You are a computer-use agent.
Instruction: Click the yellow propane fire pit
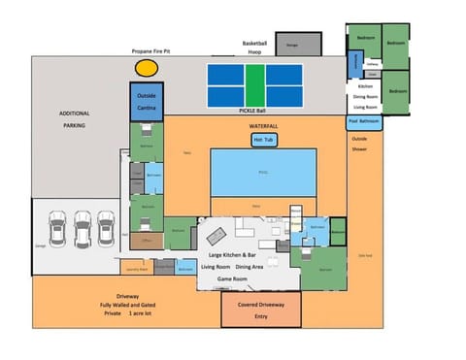147,68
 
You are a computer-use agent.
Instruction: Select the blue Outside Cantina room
146,101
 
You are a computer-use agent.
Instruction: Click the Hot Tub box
263,140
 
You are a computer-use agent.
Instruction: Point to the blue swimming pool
263,172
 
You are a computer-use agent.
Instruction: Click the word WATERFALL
263,126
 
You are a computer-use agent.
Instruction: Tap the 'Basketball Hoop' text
253,48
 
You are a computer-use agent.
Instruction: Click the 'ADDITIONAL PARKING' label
74,119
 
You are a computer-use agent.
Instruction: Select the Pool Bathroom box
364,122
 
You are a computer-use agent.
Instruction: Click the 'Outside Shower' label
359,144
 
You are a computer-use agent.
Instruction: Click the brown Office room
145,239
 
